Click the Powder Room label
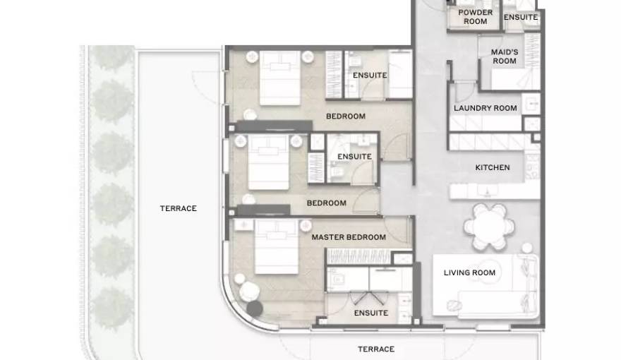[x=475, y=17]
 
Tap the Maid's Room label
[x=505, y=56]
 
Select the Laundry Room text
[x=486, y=108]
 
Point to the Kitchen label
[x=493, y=167]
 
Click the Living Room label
[x=469, y=272]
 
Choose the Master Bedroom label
[x=349, y=237]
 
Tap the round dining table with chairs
[x=490, y=227]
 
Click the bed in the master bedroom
[x=276, y=247]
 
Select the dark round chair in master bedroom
[x=255, y=308]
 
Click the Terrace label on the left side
[x=179, y=208]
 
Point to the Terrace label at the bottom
[x=376, y=349]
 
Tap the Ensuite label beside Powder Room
[x=520, y=17]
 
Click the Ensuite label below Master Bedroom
[x=371, y=313]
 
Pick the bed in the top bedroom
[x=280, y=78]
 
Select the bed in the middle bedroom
[x=268, y=162]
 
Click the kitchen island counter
[x=495, y=192]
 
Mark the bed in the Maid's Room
[x=516, y=79]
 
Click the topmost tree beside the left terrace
[x=113, y=56]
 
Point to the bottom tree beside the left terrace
[x=112, y=308]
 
